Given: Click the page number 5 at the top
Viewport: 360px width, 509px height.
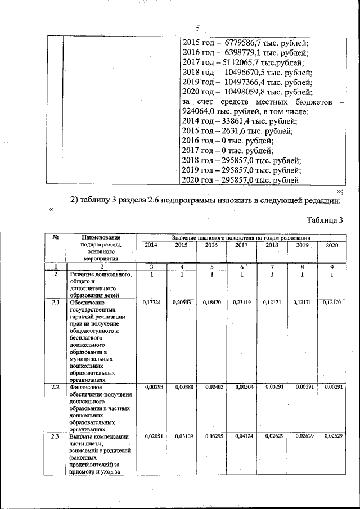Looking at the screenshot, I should point(198,28).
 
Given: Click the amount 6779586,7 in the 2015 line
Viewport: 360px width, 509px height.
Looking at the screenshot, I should point(247,42).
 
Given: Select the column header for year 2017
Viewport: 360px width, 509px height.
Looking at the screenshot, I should point(241,245).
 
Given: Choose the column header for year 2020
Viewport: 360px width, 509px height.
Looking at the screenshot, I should point(332,245).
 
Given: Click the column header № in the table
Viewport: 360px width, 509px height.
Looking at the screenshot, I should point(56,238).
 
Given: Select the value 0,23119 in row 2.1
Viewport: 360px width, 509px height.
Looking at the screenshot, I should point(241,303).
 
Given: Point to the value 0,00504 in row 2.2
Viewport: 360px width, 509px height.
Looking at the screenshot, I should point(241,388).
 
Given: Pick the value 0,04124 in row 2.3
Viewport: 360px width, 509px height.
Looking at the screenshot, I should point(241,436).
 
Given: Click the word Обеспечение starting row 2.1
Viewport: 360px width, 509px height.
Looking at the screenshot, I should point(88,303).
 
